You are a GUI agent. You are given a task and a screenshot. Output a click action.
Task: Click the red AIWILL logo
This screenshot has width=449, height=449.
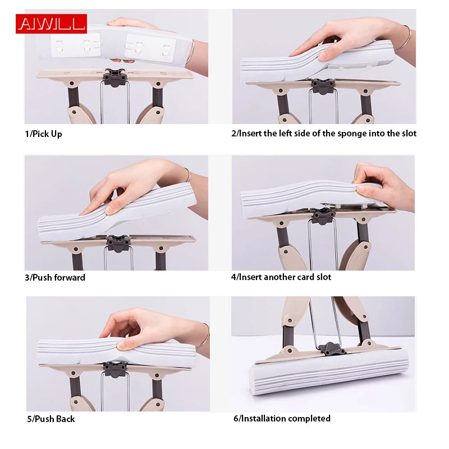(x=51, y=24)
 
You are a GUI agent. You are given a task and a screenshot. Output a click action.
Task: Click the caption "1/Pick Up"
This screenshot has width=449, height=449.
(x=43, y=134)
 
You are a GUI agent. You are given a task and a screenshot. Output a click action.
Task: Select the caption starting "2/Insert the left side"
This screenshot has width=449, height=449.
(x=324, y=134)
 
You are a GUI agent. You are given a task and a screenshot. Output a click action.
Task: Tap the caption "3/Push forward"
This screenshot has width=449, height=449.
(x=55, y=277)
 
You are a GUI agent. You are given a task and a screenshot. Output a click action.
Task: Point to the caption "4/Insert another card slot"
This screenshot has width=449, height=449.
(x=281, y=277)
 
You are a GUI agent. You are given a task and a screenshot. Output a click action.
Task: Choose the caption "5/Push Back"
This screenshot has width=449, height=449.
(x=50, y=419)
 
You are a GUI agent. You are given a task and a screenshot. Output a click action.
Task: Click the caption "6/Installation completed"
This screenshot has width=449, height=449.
(x=282, y=418)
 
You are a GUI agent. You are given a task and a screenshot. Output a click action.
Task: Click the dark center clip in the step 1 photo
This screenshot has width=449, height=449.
(x=114, y=77)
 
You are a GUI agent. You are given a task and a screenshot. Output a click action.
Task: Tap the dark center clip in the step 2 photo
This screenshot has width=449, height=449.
(x=323, y=86)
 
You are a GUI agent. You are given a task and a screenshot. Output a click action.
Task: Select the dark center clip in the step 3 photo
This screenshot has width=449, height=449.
(x=118, y=244)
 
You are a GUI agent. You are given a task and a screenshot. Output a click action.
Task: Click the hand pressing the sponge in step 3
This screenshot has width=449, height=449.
(x=135, y=185)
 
